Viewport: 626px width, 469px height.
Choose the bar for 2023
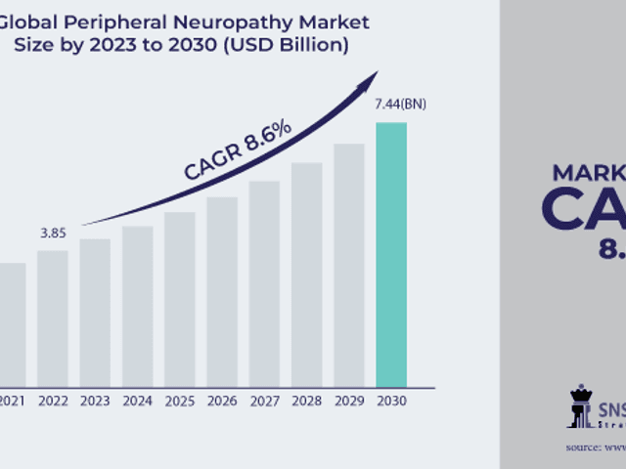click(95, 312)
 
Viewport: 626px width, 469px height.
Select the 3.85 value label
click(53, 234)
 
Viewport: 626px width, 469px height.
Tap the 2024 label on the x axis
click(137, 400)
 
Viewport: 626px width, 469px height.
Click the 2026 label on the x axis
click(222, 400)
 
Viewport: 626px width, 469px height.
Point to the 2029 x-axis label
click(349, 400)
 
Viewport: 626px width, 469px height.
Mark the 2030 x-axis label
click(391, 400)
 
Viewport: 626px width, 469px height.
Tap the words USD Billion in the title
click(300, 45)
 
